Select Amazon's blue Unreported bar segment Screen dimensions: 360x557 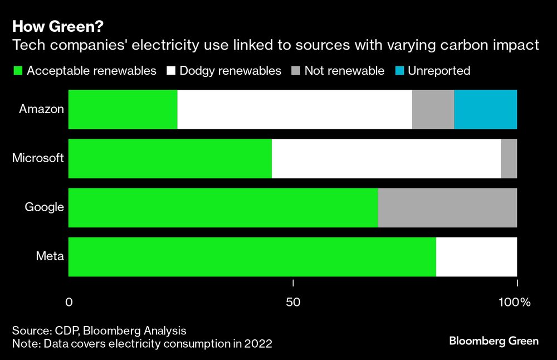[x=486, y=109]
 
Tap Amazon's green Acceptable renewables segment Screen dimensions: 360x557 [x=123, y=109]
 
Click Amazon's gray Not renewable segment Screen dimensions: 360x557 [x=433, y=109]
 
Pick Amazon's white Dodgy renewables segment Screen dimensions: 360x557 [x=295, y=109]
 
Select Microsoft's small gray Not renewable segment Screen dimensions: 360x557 [x=509, y=159]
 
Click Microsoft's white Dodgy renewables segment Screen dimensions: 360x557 [x=387, y=159]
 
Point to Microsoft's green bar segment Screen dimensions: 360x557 [x=170, y=159]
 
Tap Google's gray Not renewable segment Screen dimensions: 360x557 [x=447, y=208]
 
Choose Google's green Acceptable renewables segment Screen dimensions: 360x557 [x=223, y=208]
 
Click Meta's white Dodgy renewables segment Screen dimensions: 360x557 [x=476, y=257]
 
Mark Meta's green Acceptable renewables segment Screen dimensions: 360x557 [x=252, y=257]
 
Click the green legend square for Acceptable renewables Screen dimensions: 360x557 [x=17, y=71]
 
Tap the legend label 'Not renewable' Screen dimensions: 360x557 [x=344, y=71]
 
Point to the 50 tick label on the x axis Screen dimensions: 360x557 [x=293, y=303]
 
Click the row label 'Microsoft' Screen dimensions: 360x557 [x=38, y=158]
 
